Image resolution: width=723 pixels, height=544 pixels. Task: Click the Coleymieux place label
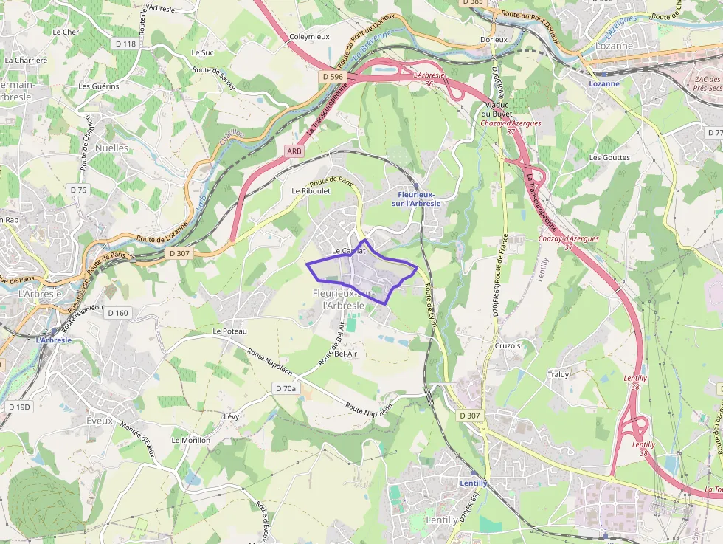point(308,36)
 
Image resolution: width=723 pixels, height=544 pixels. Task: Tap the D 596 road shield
point(333,76)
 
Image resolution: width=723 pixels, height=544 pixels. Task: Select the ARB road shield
point(294,151)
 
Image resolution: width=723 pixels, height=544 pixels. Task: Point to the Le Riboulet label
point(311,190)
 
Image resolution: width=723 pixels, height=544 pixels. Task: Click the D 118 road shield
point(126,44)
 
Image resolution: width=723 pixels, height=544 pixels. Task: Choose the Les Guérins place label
point(99,86)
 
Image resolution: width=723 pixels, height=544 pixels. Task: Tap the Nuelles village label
point(111,148)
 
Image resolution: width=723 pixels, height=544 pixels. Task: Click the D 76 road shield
point(78,190)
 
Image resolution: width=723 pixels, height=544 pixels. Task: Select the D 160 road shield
point(118,313)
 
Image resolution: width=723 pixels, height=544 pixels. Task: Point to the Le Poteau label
point(229,331)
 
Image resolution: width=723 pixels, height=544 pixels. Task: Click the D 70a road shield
point(286,388)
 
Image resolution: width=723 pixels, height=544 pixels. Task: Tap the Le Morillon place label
point(191,440)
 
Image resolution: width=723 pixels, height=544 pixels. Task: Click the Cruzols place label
point(508,345)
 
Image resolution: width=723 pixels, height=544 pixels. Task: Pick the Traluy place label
point(558,374)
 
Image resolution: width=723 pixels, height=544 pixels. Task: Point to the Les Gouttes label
point(609,157)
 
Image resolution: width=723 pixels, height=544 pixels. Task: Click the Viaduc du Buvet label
point(496,109)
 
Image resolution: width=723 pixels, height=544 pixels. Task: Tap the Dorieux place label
point(494,39)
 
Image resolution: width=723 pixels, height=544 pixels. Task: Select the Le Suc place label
point(202,52)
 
